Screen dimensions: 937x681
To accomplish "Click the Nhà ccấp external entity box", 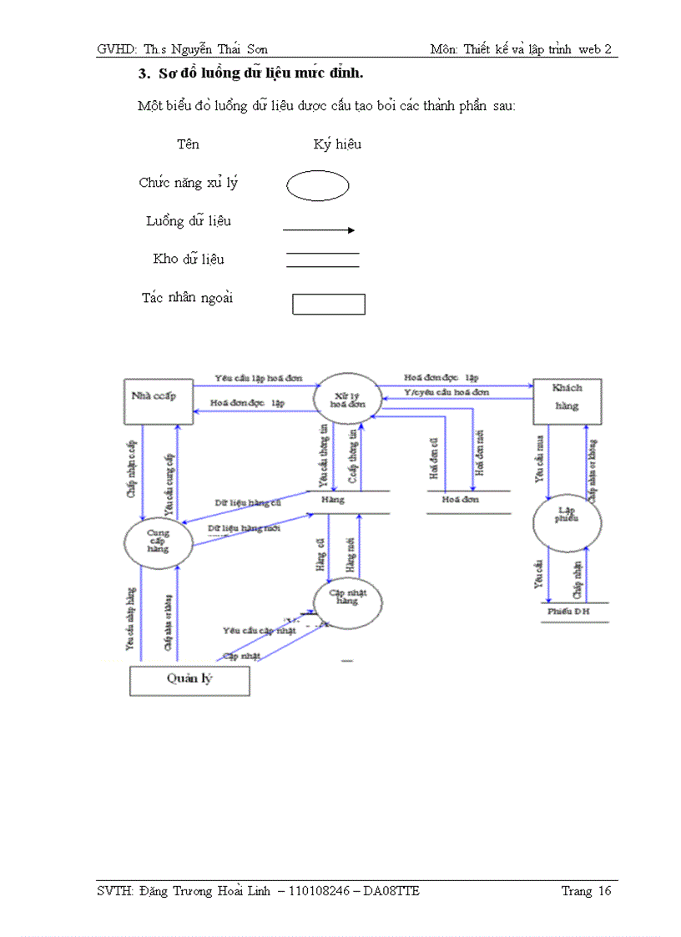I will [x=159, y=401].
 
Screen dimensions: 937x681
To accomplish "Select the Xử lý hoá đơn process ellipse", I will [x=346, y=397].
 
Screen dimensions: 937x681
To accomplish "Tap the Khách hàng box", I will [x=567, y=401].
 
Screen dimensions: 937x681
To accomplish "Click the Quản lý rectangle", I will [x=189, y=680].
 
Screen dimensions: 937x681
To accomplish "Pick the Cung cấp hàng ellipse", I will [x=158, y=540].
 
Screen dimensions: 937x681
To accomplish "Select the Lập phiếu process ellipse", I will [x=567, y=521].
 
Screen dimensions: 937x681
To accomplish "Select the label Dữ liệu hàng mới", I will [x=244, y=529].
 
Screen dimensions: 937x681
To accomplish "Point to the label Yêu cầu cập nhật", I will [x=260, y=630].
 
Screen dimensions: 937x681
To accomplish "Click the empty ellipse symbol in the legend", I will [x=317, y=186].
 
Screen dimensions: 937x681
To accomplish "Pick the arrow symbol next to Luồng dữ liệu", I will [x=319, y=229].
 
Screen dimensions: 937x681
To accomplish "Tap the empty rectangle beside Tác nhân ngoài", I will [x=329, y=304].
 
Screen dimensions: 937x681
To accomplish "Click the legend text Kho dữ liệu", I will [x=189, y=259].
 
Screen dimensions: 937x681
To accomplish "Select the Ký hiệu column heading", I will [x=337, y=145].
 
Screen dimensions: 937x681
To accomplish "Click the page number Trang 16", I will [x=586, y=891].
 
